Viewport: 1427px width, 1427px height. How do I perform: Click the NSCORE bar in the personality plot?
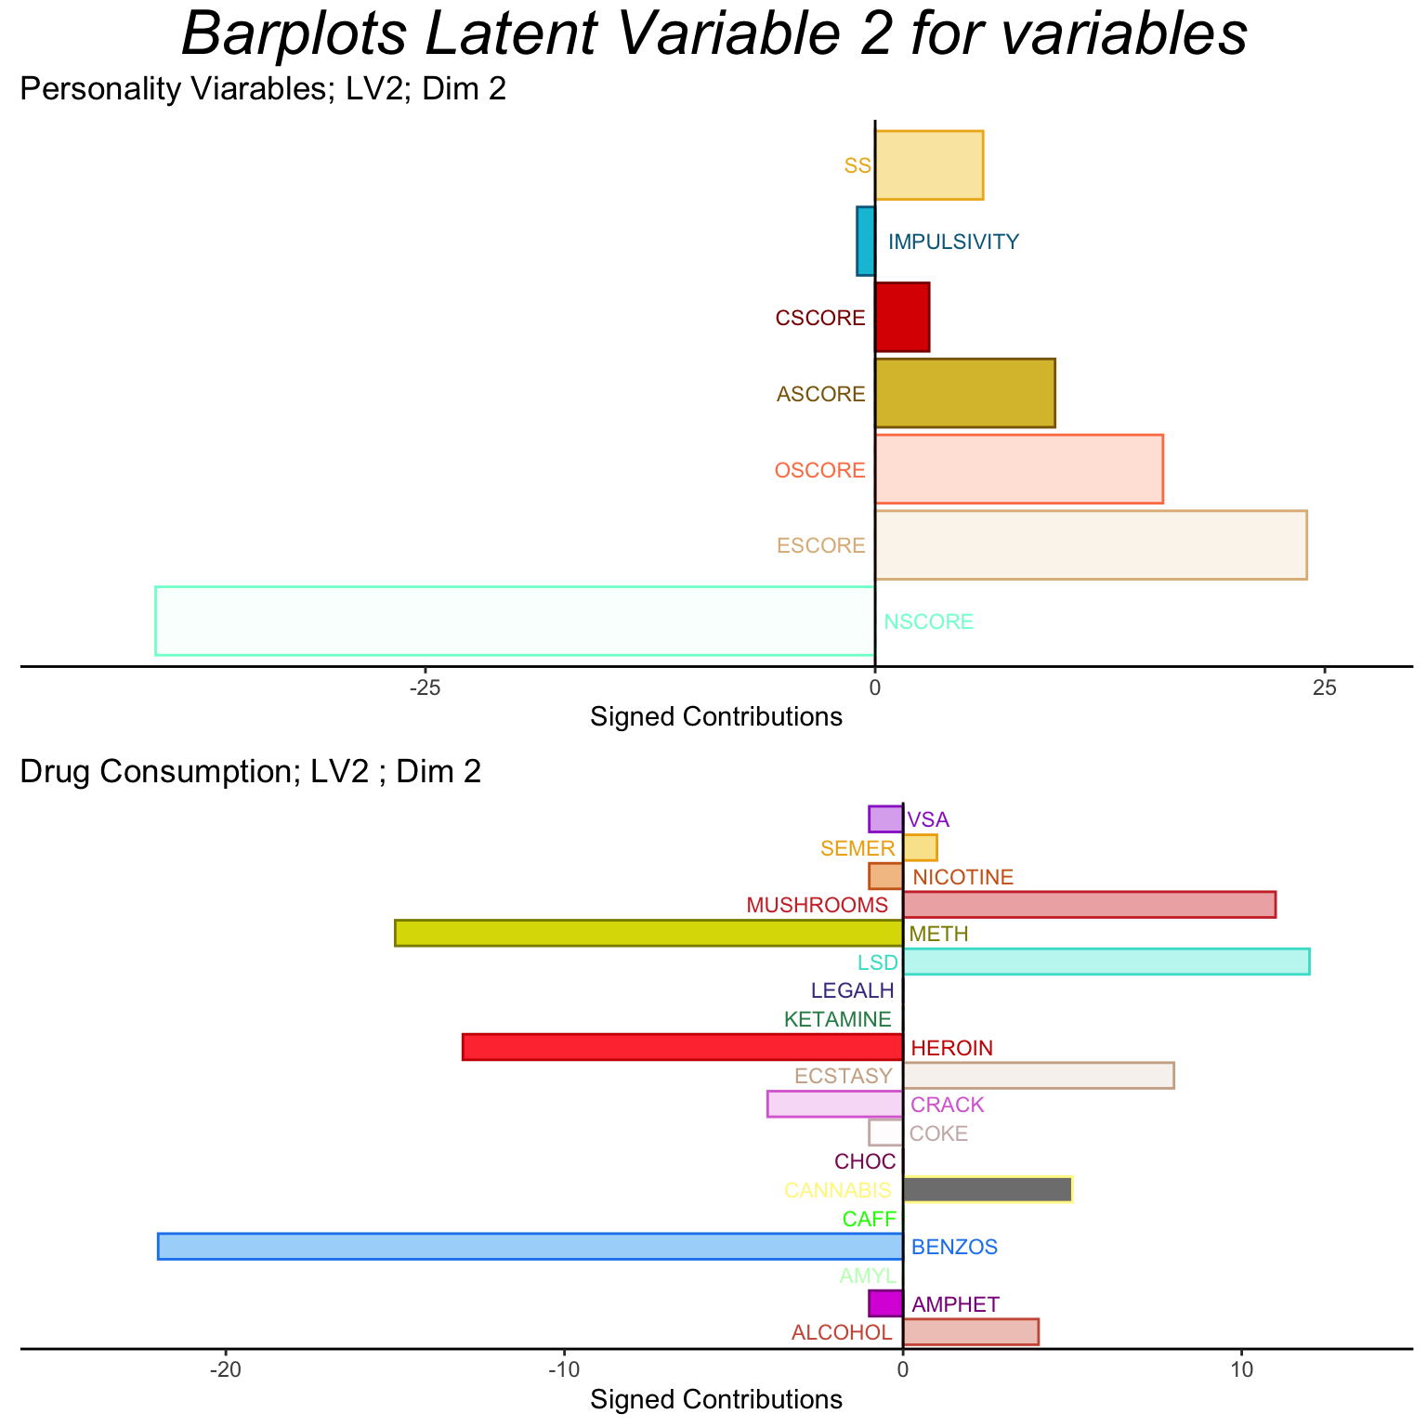pos(514,621)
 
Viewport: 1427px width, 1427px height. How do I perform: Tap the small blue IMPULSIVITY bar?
pos(865,242)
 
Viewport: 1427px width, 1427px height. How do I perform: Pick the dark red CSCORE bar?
pos(901,318)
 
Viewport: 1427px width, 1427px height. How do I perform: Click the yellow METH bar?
pos(648,933)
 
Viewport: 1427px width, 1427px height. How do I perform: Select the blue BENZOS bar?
pos(530,1246)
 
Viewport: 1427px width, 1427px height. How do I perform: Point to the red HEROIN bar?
pos(682,1047)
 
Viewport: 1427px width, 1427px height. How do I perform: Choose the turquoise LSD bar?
pos(1106,962)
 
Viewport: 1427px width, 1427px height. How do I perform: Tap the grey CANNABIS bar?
pos(987,1189)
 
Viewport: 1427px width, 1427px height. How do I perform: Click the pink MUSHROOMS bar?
pos(1089,904)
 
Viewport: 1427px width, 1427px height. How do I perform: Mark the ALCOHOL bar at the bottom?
pos(970,1331)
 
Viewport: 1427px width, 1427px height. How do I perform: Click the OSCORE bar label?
pos(819,470)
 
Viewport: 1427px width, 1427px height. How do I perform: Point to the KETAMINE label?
pos(837,1019)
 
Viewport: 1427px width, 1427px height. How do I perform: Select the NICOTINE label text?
pos(962,877)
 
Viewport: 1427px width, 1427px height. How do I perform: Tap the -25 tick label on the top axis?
pos(424,688)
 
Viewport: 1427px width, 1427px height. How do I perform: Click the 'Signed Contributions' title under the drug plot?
pos(716,1399)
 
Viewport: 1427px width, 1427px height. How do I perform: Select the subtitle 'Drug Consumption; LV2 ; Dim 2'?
pos(251,772)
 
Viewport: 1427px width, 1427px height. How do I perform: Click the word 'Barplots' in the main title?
pos(292,35)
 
